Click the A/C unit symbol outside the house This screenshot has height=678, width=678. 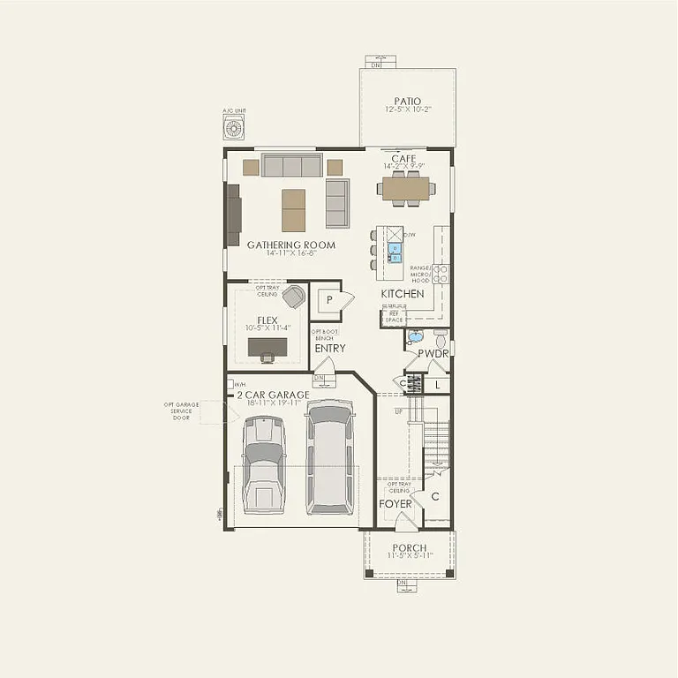234,129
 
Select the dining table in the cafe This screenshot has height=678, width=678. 404,188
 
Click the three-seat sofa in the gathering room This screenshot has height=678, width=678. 291,165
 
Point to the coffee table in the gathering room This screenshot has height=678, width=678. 293,210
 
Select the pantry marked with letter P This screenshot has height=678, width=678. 329,300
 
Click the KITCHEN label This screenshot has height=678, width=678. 403,293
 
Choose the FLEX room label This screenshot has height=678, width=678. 267,320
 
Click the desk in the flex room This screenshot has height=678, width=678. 266,347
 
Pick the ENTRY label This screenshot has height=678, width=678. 330,348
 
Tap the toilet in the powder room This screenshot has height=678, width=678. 441,336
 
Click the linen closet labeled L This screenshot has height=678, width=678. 437,384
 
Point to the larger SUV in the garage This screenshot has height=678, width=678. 328,456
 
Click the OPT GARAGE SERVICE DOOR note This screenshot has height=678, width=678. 181,412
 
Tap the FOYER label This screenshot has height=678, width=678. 395,504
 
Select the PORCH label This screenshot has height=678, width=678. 410,547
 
